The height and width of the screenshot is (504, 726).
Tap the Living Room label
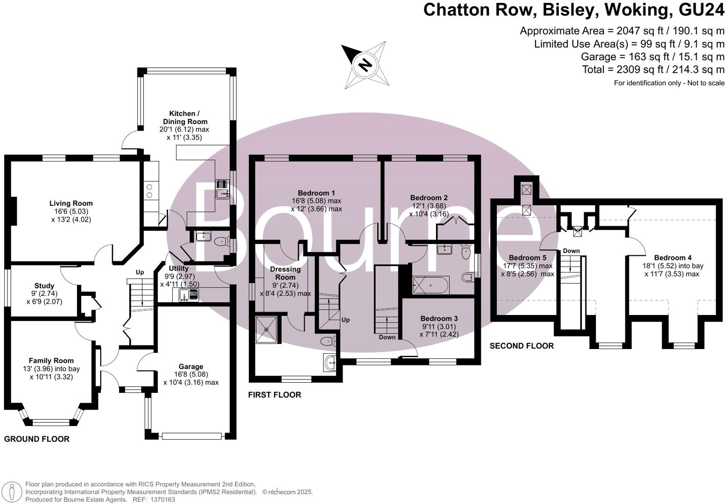coord(71,203)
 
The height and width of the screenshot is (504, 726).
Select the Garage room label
coord(191,367)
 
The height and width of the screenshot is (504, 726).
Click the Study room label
coord(44,286)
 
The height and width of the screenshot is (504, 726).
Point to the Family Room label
coord(51,361)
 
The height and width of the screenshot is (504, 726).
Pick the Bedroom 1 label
coord(317,193)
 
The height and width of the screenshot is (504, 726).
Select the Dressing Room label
coord(285,273)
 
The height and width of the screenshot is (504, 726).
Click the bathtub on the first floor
coord(430,285)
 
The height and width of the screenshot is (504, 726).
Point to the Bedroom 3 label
coord(439,319)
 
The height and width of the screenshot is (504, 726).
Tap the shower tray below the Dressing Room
coord(267,329)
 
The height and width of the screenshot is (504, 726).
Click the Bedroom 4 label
coord(673,258)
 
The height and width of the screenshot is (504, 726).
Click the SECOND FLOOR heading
coord(522,346)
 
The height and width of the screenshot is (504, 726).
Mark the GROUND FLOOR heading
coord(37,439)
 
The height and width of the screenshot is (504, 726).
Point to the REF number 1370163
coord(161,499)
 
